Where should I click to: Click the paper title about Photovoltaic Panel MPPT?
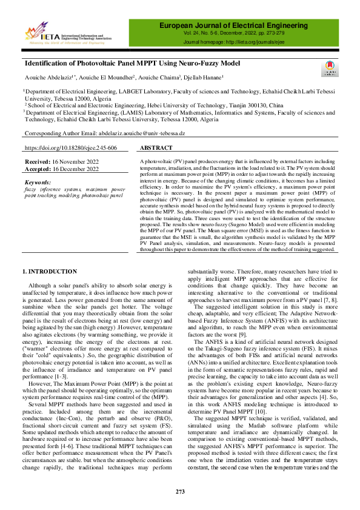coord(132,64)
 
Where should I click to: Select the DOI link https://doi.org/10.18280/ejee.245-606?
coord(71,148)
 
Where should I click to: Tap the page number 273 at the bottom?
coord(180,491)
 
